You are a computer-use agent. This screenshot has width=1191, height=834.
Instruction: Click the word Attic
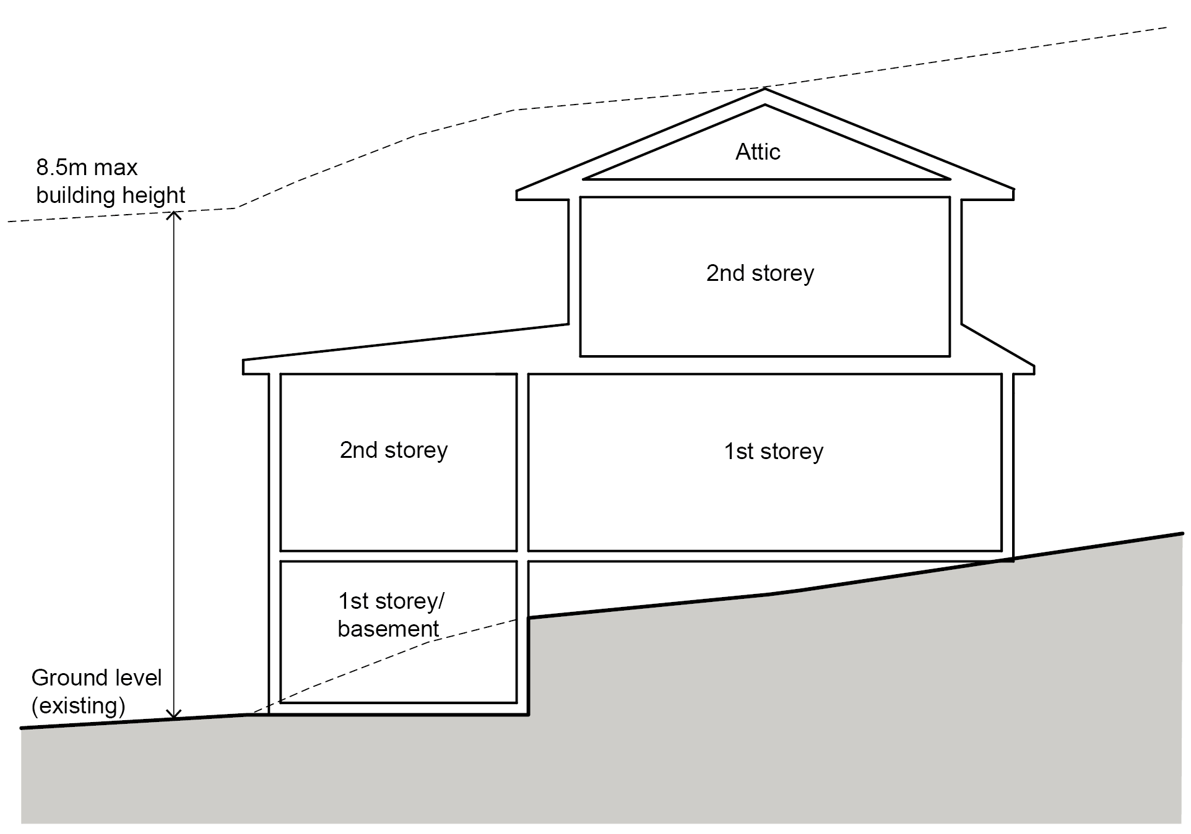click(x=758, y=152)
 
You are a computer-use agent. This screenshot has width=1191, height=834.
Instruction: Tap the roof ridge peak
click(x=765, y=89)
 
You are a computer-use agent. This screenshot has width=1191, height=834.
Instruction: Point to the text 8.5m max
click(x=87, y=168)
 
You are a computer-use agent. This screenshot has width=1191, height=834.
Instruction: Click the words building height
click(x=110, y=196)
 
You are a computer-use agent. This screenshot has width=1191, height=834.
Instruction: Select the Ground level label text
click(x=97, y=678)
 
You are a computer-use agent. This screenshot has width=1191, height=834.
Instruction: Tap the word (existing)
click(x=79, y=706)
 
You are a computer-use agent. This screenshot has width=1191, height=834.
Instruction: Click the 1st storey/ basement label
click(x=391, y=615)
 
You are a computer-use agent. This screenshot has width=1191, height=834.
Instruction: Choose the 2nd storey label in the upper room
click(x=760, y=273)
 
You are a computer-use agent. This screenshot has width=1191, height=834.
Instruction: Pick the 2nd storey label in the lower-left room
click(x=394, y=450)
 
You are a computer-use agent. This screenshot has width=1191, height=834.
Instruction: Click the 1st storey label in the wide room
click(x=774, y=452)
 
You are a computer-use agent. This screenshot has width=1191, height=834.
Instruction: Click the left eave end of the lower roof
click(x=244, y=366)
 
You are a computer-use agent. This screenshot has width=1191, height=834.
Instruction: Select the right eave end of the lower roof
click(x=1034, y=369)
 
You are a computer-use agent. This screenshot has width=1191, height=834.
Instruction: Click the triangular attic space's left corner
click(x=584, y=179)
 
